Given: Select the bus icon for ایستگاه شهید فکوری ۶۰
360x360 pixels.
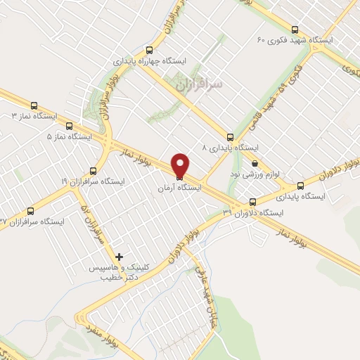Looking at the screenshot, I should [294, 30].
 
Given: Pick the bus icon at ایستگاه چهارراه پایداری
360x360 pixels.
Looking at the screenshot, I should [148, 50].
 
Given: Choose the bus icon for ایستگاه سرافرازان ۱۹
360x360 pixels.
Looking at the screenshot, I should [94, 171].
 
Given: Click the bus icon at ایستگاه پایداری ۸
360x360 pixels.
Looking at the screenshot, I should [229, 137].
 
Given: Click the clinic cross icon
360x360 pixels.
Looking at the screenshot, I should [120, 257].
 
